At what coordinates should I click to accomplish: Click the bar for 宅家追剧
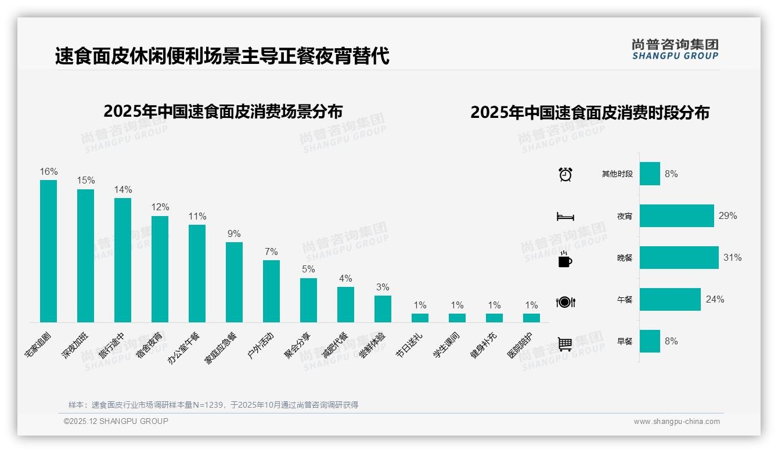click(x=48, y=251)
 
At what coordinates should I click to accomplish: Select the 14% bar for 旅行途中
click(x=123, y=260)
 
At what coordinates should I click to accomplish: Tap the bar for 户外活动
click(x=271, y=291)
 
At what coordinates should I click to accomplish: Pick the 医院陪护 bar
click(x=531, y=318)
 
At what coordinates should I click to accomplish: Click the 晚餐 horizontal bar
click(x=679, y=257)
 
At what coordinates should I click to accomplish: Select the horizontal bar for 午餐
click(x=670, y=299)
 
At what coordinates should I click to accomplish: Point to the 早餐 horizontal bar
click(x=650, y=341)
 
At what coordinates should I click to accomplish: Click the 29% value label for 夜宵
click(x=727, y=216)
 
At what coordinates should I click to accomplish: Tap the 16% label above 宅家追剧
click(x=49, y=171)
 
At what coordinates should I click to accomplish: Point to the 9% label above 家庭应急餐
click(x=234, y=233)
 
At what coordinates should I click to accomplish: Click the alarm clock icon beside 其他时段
click(x=566, y=174)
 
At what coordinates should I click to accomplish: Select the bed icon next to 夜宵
click(x=566, y=216)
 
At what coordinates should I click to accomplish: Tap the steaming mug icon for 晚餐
click(x=565, y=259)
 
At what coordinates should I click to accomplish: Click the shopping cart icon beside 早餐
click(x=565, y=344)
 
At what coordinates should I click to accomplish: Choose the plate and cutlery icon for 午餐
click(x=566, y=301)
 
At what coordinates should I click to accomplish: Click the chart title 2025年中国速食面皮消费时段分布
click(x=590, y=113)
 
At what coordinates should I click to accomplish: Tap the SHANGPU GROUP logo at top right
click(x=675, y=49)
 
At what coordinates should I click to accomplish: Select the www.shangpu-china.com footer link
click(x=676, y=422)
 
